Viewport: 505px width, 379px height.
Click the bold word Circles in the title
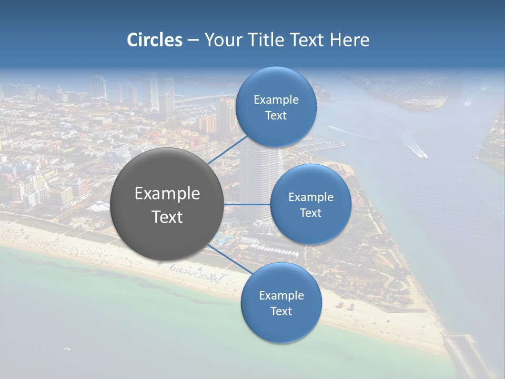[x=155, y=40]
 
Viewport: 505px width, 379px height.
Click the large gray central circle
[x=167, y=204]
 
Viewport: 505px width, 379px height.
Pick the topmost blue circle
[x=276, y=107]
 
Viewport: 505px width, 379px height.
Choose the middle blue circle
[x=310, y=204]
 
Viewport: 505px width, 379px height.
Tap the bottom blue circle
[x=281, y=303]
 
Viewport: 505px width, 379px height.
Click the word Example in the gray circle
[x=167, y=194]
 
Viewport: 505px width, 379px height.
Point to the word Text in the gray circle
[x=167, y=217]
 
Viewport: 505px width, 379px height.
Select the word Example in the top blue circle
[x=276, y=99]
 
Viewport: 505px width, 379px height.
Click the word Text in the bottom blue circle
[x=281, y=311]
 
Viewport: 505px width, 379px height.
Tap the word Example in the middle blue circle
[x=311, y=197]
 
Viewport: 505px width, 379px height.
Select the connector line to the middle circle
[x=247, y=204]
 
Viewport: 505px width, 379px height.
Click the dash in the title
[x=193, y=40]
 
